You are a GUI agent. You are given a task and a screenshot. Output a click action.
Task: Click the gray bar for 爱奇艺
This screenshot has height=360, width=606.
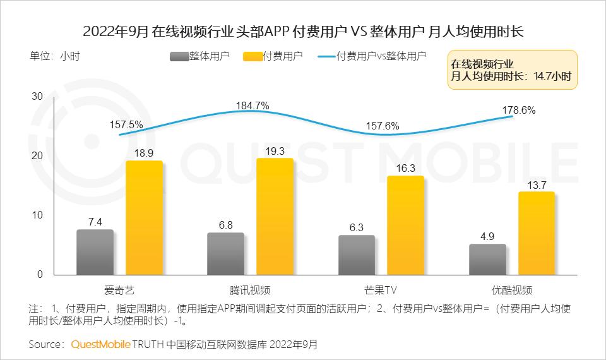click(x=95, y=252)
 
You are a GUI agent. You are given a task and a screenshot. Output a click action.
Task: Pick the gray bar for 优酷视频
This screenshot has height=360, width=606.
click(x=487, y=259)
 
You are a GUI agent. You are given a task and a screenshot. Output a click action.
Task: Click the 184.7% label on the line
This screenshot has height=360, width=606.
click(x=252, y=105)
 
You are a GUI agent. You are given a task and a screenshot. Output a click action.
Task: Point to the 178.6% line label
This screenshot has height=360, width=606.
click(x=519, y=110)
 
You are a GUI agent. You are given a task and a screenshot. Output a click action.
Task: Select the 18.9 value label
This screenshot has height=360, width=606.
click(x=144, y=152)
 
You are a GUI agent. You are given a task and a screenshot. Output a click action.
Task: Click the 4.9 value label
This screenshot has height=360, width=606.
click(x=487, y=236)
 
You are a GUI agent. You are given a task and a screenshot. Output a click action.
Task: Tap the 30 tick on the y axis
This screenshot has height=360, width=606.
click(x=37, y=97)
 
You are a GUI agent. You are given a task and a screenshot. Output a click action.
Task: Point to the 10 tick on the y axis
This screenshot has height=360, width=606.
click(x=37, y=215)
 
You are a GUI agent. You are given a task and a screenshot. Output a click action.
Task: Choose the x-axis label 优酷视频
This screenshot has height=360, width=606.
click(x=511, y=291)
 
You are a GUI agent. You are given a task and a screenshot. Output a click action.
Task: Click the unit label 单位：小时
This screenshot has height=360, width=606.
click(x=55, y=56)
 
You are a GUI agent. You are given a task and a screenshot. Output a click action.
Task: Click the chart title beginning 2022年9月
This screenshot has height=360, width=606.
click(x=303, y=31)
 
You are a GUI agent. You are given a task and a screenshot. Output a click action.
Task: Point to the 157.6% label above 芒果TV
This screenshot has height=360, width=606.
click(x=383, y=126)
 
